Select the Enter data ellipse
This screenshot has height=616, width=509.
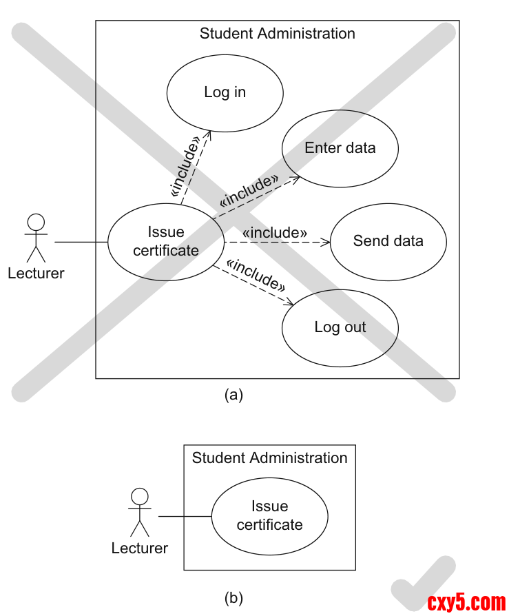tap(340, 148)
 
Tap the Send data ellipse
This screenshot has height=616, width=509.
tap(388, 242)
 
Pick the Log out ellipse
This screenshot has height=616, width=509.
tap(340, 327)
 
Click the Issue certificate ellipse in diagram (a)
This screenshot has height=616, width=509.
tap(166, 242)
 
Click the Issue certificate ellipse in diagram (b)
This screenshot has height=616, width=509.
tap(269, 516)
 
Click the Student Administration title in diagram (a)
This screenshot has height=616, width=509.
tap(278, 33)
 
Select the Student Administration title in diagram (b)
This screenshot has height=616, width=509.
tap(269, 458)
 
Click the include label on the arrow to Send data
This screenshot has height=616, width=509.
tap(274, 233)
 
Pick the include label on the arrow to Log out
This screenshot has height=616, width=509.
tap(256, 274)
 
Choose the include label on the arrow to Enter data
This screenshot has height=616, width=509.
tap(249, 191)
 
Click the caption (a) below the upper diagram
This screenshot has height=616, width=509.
tap(233, 395)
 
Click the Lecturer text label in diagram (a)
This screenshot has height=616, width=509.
tap(36, 274)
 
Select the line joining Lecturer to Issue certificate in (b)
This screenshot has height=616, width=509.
tap(185, 516)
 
